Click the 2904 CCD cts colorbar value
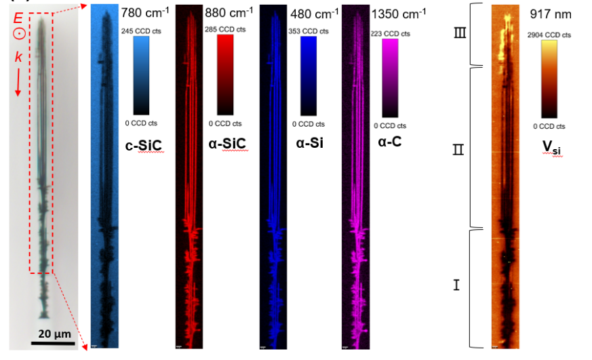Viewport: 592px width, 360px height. [x=551, y=35]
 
